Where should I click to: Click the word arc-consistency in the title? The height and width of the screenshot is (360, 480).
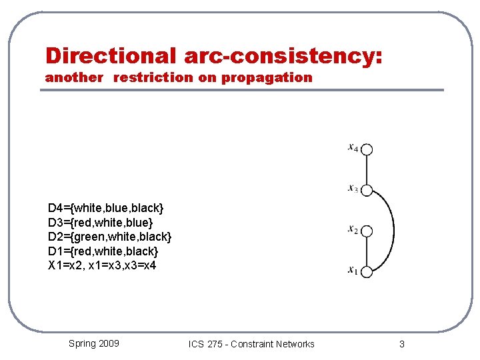(279, 55)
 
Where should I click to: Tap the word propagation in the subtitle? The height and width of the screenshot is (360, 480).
(267, 77)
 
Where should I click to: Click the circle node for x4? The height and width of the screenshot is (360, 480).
(367, 150)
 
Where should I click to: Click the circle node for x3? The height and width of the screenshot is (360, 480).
(367, 190)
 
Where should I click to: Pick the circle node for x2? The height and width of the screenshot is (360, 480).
(367, 231)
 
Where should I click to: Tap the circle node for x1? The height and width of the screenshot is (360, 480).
(367, 271)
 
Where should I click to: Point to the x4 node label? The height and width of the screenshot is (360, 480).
(353, 147)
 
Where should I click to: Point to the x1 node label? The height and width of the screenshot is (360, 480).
(353, 270)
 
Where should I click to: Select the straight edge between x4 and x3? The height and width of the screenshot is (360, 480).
(367, 170)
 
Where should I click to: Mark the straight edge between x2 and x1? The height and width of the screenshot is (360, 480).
(367, 251)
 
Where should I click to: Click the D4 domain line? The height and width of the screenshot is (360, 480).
(105, 208)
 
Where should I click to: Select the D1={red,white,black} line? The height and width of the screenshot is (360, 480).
(103, 251)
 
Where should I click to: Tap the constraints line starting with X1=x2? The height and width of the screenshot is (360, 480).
(102, 265)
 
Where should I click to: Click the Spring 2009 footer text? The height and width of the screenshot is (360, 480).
(94, 343)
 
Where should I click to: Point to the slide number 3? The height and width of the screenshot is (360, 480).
(401, 344)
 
